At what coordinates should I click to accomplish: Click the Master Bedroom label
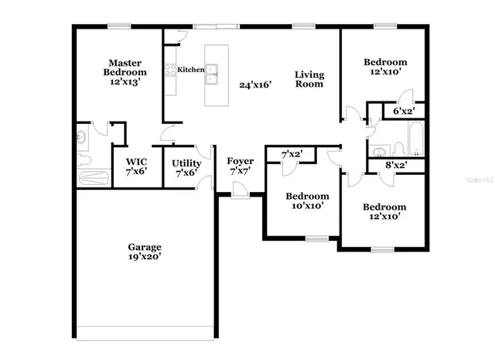point(124,67)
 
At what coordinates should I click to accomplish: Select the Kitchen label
point(190,70)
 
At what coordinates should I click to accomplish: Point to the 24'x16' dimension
point(255,85)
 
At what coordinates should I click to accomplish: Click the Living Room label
point(309,80)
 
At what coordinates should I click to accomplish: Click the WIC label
point(136,163)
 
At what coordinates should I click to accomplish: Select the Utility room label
point(186,163)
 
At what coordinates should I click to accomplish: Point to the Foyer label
point(240,161)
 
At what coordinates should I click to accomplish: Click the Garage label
point(145,248)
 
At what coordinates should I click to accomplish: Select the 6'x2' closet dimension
point(404,111)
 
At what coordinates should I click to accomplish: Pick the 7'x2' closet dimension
point(292,155)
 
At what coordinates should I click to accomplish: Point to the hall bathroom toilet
point(397,148)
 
